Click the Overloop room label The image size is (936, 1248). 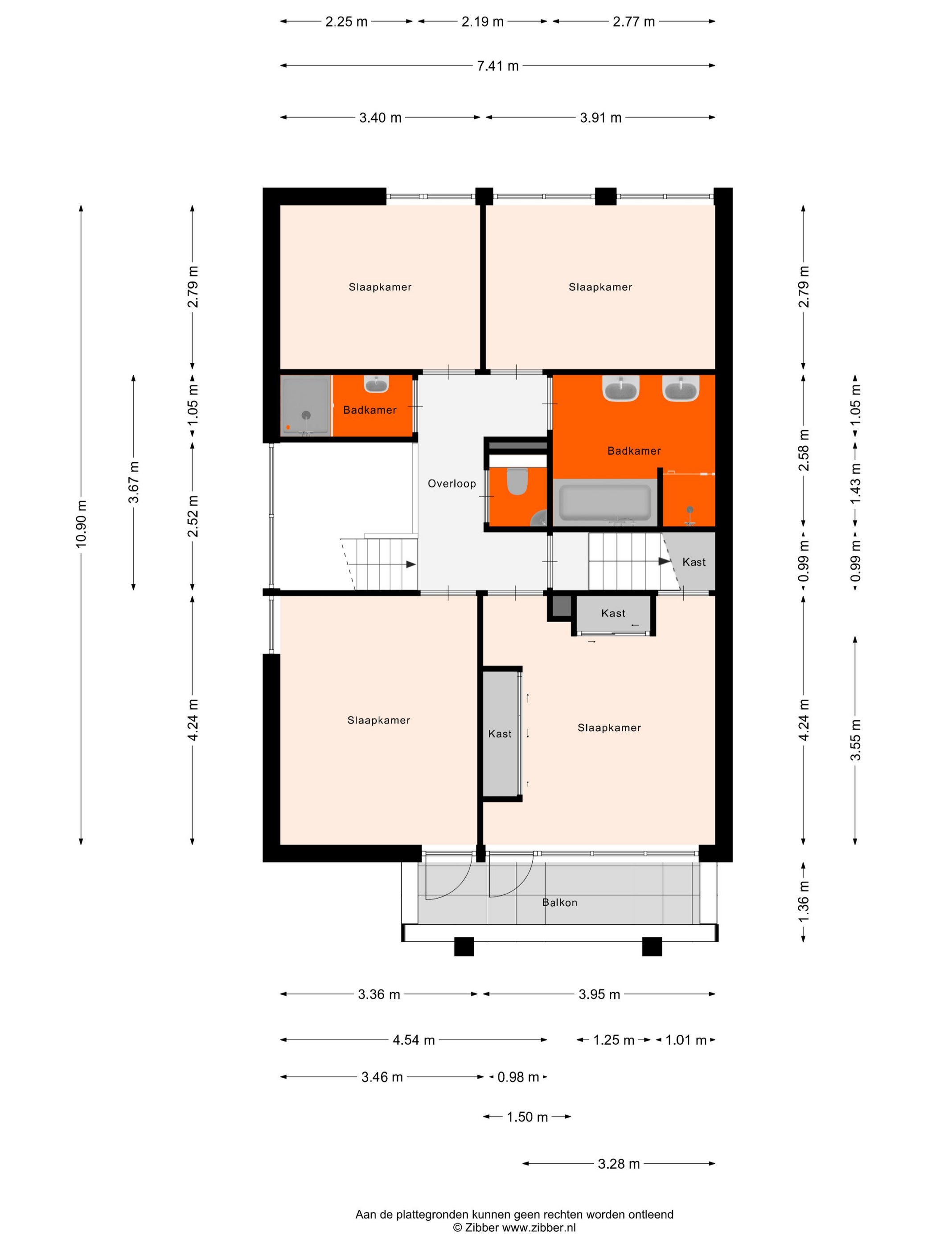(452, 484)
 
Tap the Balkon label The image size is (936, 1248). (559, 902)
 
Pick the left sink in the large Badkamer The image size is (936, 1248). (620, 388)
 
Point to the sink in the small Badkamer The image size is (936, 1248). (376, 384)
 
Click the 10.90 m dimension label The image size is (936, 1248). (81, 523)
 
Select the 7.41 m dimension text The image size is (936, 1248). (497, 66)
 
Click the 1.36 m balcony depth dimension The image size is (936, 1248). (804, 902)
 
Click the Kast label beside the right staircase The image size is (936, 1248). (694, 562)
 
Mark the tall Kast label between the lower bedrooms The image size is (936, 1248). (500, 734)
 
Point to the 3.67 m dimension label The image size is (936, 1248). (134, 482)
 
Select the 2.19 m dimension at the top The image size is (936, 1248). (482, 21)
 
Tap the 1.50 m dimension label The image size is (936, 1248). (527, 1117)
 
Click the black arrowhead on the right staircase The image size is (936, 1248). (665, 562)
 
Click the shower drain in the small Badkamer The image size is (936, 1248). (306, 415)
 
